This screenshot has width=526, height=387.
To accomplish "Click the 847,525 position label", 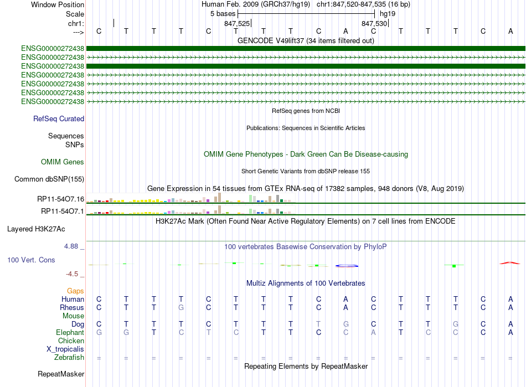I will tap(237, 23).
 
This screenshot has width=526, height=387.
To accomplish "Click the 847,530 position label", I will tap(374, 23).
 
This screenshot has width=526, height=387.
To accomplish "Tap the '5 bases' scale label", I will tap(223, 13).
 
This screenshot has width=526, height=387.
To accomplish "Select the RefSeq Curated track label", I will tap(59, 118).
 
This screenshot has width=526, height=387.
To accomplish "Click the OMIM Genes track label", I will tap(63, 162).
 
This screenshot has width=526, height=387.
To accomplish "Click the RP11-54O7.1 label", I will tap(63, 211).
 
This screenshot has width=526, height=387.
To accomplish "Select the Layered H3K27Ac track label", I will tap(44, 228).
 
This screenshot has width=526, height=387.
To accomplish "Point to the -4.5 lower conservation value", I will tap(76, 274).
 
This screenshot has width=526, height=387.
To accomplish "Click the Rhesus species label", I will tap(72, 307).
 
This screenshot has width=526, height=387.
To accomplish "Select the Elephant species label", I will tap(70, 332).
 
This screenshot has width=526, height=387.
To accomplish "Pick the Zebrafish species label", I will tap(69, 358).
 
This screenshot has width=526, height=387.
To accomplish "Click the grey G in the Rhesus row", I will tap(181, 307).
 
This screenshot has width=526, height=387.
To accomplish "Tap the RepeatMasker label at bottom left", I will tap(61, 374).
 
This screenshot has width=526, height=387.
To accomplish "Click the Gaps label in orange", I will tap(75, 291).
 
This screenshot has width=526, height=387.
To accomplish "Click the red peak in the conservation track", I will tap(510, 263).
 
